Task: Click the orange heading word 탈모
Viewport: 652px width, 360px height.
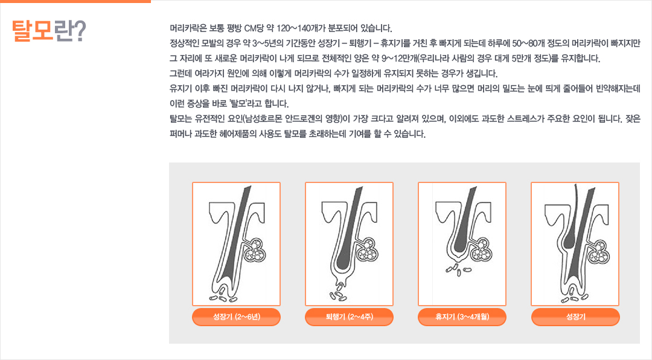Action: click(x=33, y=31)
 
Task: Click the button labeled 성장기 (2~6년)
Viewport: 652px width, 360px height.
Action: click(x=236, y=317)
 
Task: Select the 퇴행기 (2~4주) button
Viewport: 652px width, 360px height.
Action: click(x=350, y=317)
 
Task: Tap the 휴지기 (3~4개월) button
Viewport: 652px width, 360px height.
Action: click(x=462, y=317)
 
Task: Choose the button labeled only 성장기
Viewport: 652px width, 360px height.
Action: click(x=575, y=317)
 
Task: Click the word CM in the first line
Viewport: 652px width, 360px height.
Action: click(x=251, y=28)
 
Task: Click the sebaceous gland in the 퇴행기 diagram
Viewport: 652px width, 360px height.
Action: click(x=368, y=250)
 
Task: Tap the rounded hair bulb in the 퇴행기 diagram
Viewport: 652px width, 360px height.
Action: click(x=345, y=260)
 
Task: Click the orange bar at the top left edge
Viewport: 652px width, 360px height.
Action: click(x=75, y=1)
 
